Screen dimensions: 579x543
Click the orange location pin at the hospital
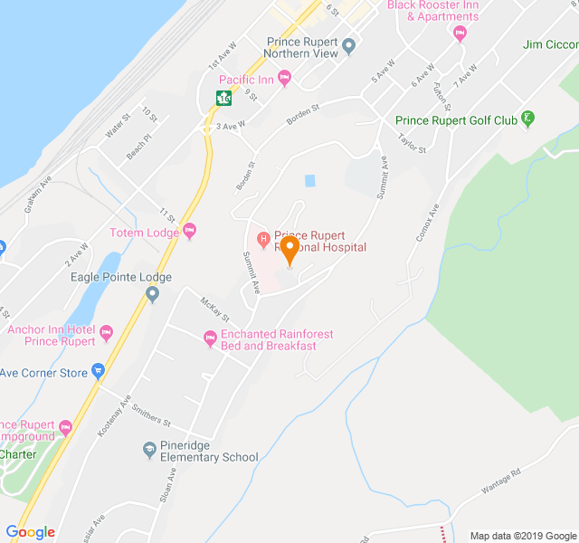coord(289,249)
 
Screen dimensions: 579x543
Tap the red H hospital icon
coord(263,240)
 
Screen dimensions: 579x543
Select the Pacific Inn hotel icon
coord(285,80)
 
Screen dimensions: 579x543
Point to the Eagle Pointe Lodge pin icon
coord(152,293)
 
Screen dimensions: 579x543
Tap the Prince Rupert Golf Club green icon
coord(528,119)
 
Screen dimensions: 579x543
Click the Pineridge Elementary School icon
coord(150,449)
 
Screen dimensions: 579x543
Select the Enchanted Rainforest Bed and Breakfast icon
coord(210,339)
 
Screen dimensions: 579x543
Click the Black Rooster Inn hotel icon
coord(460,33)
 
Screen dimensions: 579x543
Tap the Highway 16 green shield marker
coord(222,98)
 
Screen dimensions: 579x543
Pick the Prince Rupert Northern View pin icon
coord(349,46)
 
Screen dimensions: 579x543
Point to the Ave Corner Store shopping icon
coord(98,372)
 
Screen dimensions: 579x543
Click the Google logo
coord(30,531)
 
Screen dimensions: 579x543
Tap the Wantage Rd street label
coord(502,481)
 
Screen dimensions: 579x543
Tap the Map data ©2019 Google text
coord(523,535)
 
